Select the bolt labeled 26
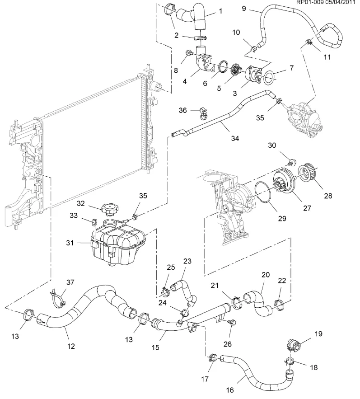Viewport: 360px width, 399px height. tap(232, 323)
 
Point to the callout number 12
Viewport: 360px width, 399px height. tap(70, 346)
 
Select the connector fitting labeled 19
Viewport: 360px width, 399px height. tap(292, 345)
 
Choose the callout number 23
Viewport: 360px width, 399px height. tap(187, 261)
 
